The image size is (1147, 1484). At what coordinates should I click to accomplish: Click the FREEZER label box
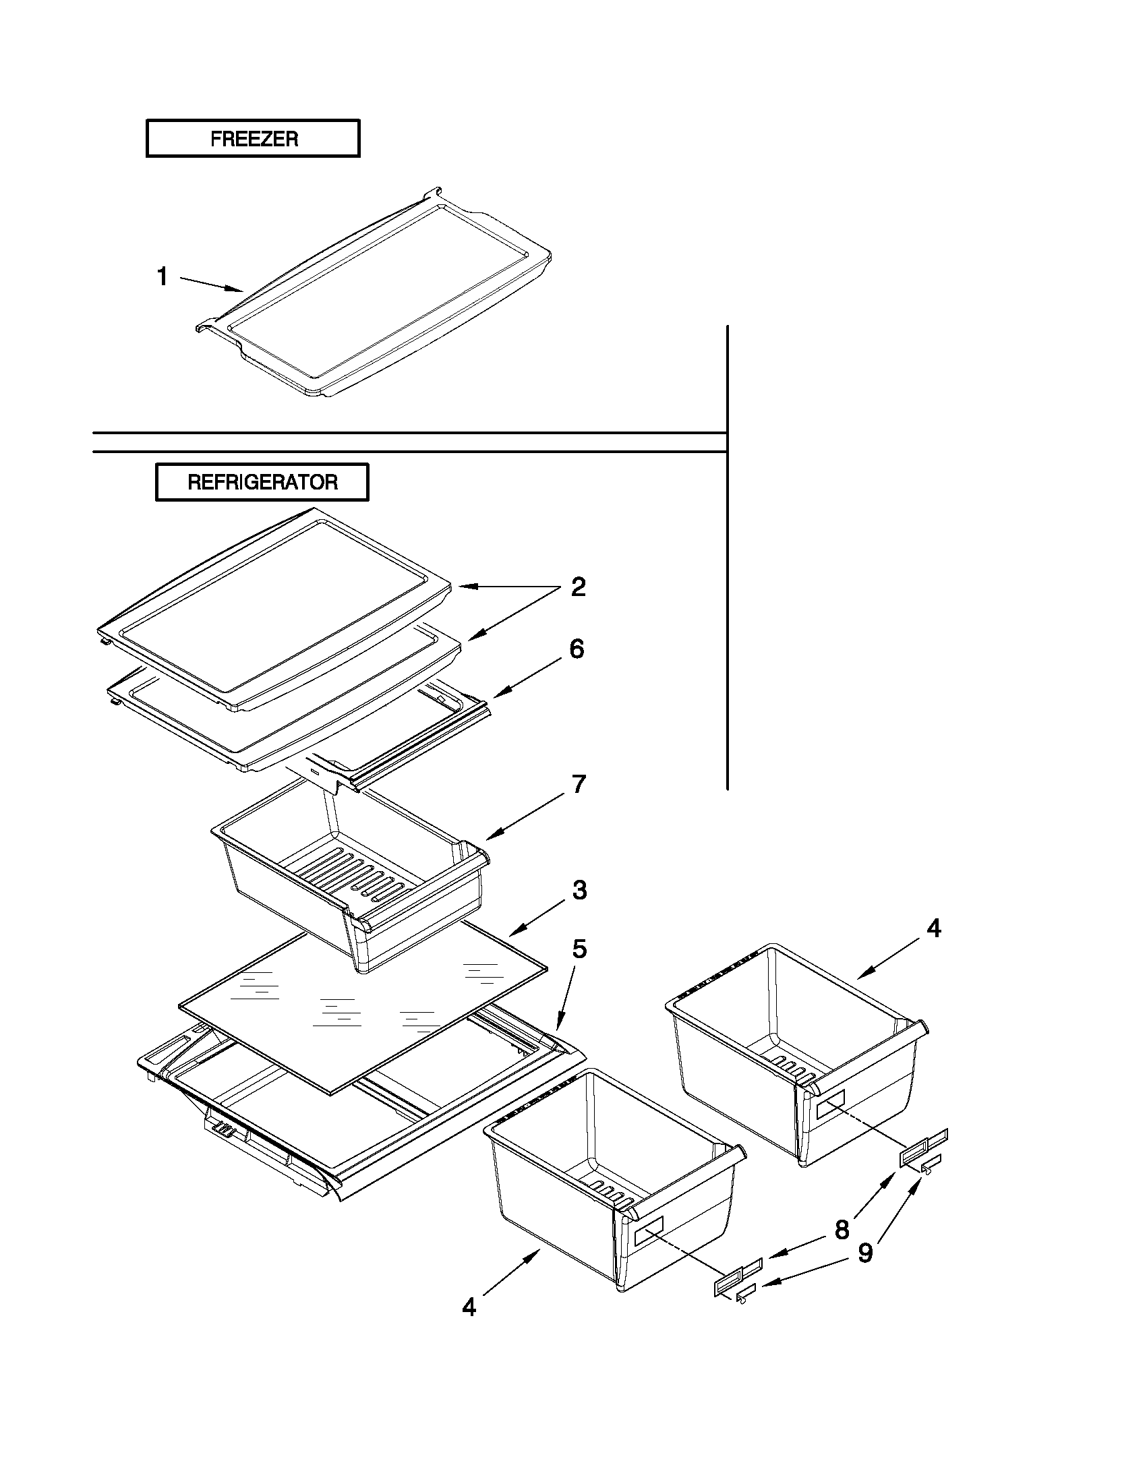253,139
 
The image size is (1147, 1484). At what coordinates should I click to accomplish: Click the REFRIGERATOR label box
262,482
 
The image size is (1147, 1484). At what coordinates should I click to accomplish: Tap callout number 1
163,276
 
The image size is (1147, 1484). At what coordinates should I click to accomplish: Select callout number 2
578,587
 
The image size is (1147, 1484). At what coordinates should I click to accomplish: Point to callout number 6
577,649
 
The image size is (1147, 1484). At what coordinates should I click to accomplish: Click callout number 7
579,784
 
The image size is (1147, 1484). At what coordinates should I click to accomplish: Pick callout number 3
579,889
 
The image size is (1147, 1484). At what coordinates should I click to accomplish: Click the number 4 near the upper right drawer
934,928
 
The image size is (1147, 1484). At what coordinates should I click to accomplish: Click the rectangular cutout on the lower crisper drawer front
648,1230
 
